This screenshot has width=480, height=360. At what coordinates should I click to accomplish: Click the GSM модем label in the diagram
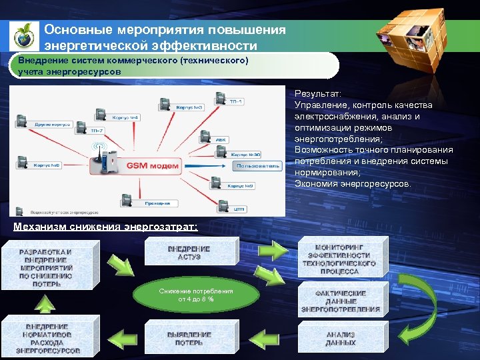click(153, 165)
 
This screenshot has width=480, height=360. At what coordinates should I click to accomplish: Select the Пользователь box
click(259, 165)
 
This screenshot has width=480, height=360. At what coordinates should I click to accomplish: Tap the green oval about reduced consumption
click(196, 295)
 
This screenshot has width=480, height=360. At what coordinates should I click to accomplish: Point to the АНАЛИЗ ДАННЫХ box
click(340, 338)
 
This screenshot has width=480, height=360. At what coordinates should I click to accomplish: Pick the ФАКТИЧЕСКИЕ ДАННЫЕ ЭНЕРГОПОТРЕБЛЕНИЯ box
click(341, 300)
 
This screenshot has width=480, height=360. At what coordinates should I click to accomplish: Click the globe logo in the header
click(24, 35)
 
